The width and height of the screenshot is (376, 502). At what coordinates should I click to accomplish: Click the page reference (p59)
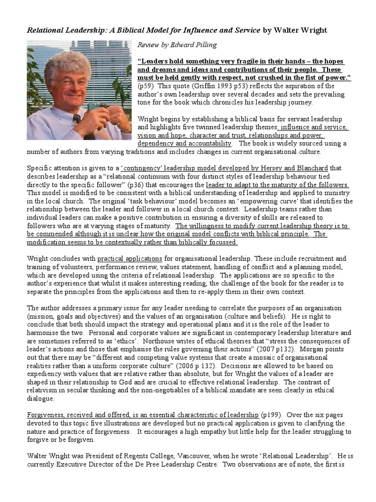146,86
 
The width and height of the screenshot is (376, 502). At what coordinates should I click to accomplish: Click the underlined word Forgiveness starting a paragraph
47,415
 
